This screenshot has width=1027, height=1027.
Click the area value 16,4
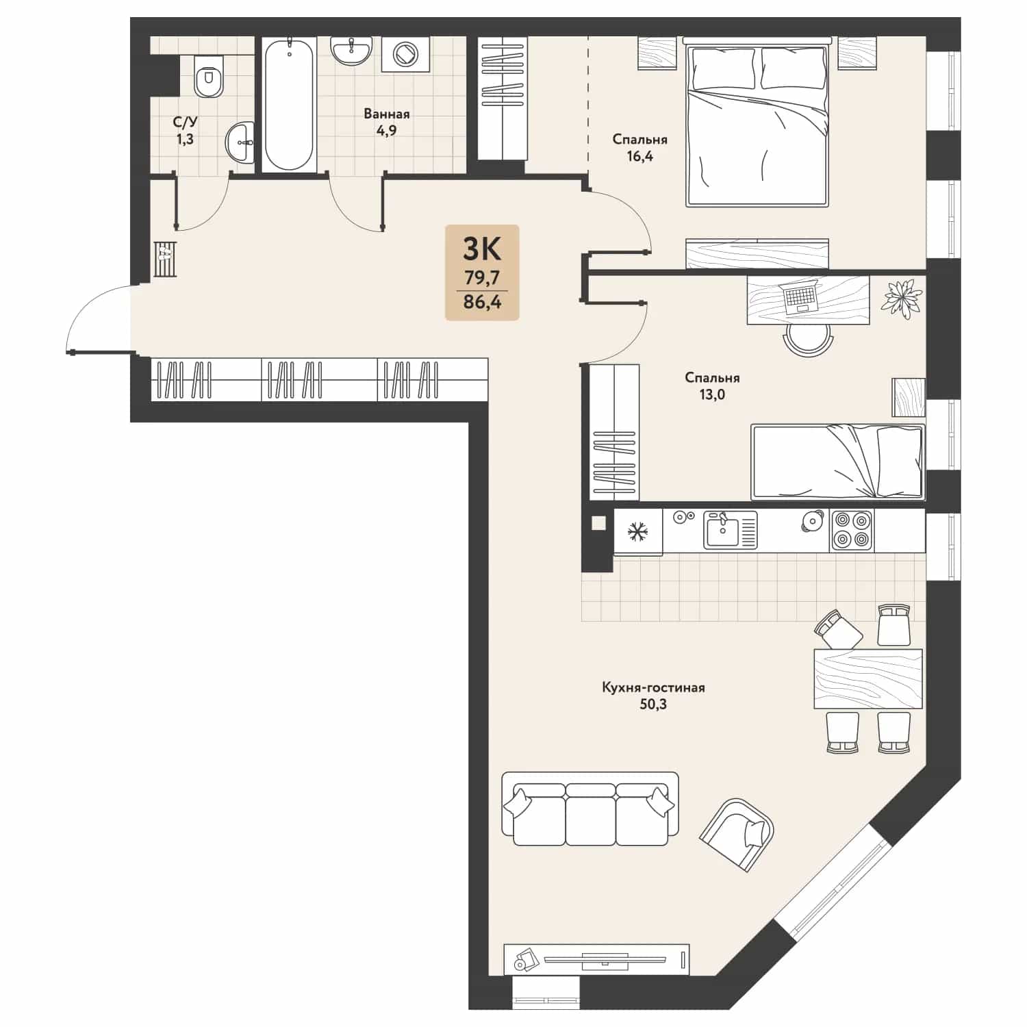coord(639,156)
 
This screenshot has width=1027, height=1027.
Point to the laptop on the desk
coord(798,296)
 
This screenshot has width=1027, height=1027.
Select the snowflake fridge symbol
coord(638,531)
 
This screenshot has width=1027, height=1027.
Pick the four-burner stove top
coord(852,531)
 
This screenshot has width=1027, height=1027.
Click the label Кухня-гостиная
coord(653,687)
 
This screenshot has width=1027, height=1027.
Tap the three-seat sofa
coord(590,809)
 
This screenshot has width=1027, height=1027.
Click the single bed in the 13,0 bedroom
coord(838,461)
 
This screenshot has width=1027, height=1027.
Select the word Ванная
coord(387,114)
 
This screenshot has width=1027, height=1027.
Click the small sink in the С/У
coord(240,142)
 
